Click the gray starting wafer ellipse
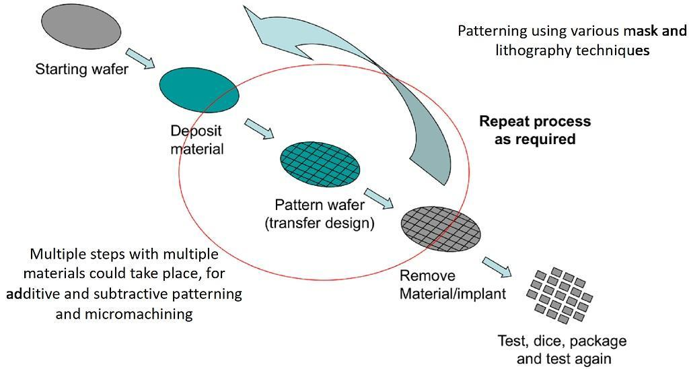[x=81, y=28]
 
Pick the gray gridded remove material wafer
[x=441, y=226]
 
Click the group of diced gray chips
[x=558, y=292]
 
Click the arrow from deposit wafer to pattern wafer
[x=259, y=129]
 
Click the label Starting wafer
[x=81, y=69]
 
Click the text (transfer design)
[x=319, y=222]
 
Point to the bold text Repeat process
[x=534, y=122]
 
